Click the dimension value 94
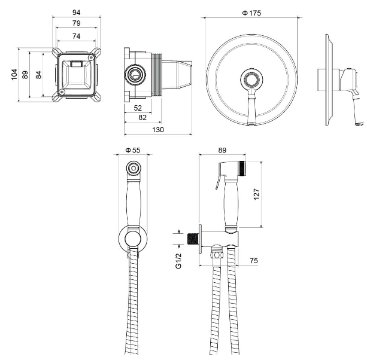[76, 13]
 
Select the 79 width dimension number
[76, 23]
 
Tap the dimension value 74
[76, 36]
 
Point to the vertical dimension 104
[14, 75]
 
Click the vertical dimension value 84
[39, 75]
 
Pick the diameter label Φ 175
[251, 13]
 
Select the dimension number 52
[138, 108]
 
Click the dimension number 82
[142, 117]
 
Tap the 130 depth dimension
[158, 130]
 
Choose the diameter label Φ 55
[133, 150]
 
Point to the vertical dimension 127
[257, 194]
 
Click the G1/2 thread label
[178, 261]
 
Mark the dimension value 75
[254, 260]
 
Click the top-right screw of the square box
[90, 57]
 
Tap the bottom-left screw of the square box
[62, 92]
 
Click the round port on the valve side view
[135, 75]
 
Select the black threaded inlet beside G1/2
[193, 239]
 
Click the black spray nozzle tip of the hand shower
[242, 168]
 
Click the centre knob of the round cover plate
[252, 79]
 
